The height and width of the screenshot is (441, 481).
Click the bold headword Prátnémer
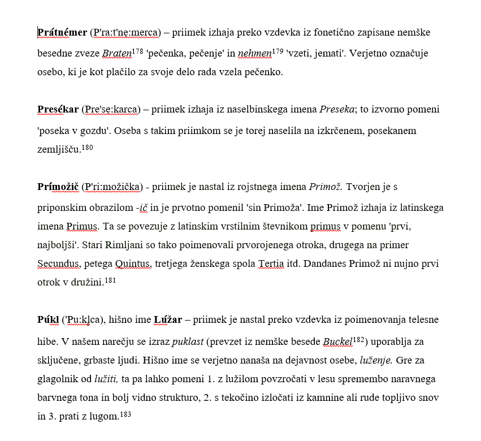click(62, 32)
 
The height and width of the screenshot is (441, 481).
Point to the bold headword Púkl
click(48, 320)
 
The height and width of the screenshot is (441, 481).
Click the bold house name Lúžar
click(168, 320)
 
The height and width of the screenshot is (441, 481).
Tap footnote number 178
click(137, 51)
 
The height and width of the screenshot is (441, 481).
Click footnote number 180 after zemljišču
click(87, 148)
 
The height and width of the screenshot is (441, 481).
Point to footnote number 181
click(110, 280)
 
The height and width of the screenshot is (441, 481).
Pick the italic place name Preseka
click(340, 109)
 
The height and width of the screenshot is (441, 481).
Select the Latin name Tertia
click(271, 263)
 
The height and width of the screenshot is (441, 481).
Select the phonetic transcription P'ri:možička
click(114, 187)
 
